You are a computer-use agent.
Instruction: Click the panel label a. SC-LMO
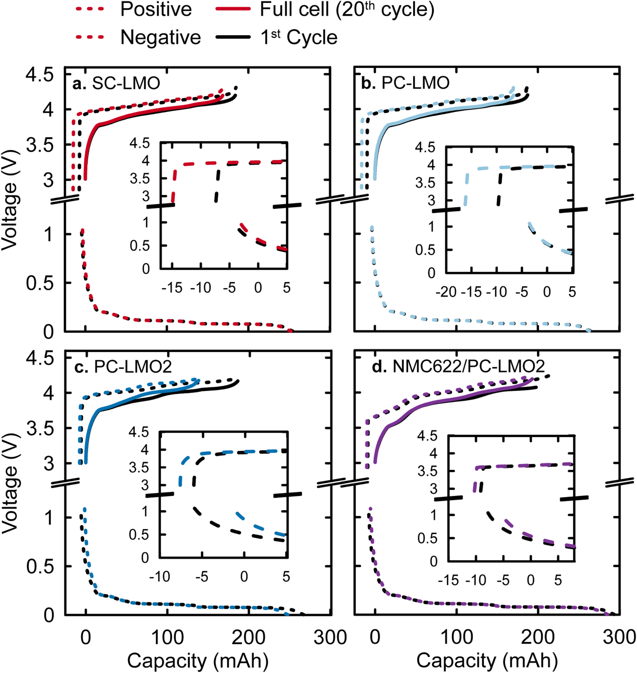(116, 83)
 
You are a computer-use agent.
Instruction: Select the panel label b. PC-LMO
(405, 83)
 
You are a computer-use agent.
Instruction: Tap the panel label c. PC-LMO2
(123, 367)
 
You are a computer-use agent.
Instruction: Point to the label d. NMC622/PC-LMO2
(458, 366)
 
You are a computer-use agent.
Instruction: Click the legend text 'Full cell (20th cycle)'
(346, 9)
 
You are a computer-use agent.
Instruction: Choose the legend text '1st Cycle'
(299, 37)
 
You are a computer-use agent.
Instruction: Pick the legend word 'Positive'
(156, 9)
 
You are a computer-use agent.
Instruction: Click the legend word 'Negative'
(161, 37)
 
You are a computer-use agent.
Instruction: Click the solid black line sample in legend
(233, 37)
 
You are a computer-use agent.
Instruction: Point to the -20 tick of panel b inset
(446, 292)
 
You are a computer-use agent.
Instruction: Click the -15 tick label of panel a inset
(172, 288)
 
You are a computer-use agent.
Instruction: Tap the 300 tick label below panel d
(619, 637)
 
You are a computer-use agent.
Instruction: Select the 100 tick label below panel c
(167, 637)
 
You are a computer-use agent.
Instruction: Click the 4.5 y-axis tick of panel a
(39, 75)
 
